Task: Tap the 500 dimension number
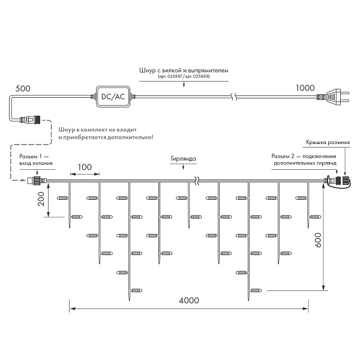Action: pyautogui.click(x=23, y=88)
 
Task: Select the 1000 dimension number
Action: pyautogui.click(x=305, y=88)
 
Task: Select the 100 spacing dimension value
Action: pyautogui.click(x=85, y=166)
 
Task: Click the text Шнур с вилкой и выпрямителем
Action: pyautogui.click(x=183, y=71)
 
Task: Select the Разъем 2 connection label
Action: pyautogui.click(x=305, y=159)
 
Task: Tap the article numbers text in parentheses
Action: pyautogui.click(x=183, y=78)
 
